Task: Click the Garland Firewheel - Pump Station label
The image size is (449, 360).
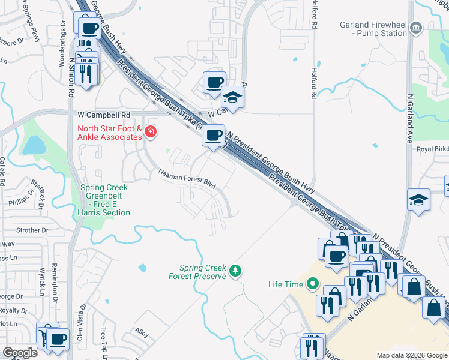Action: click(373, 29)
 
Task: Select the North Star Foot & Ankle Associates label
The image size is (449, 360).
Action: click(109, 133)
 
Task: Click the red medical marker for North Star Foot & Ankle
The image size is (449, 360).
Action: click(150, 132)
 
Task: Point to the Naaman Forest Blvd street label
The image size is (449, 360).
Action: click(187, 179)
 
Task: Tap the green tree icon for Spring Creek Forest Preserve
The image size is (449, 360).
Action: click(237, 271)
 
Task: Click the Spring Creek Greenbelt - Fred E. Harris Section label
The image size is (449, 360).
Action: click(105, 200)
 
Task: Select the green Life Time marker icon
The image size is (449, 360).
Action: click(312, 284)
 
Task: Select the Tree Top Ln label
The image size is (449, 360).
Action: click(103, 341)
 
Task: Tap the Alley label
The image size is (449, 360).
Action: click(142, 331)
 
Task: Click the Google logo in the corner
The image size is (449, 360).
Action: click(20, 353)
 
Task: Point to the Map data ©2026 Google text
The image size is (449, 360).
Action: click(411, 355)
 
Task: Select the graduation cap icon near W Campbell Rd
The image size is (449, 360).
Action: click(232, 97)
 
